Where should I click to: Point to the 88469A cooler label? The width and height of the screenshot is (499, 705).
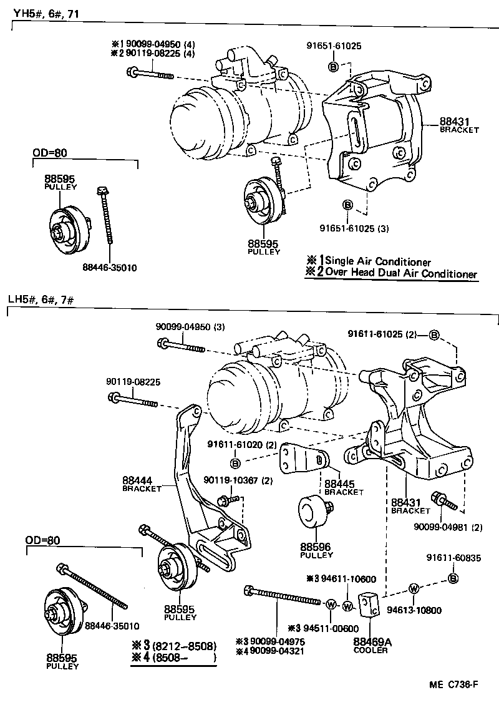pyautogui.click(x=371, y=641)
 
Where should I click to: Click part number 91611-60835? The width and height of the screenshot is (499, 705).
pyautogui.click(x=453, y=558)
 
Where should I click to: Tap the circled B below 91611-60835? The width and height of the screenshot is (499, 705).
pyautogui.click(x=453, y=580)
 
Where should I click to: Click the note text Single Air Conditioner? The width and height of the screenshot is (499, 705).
pyautogui.click(x=378, y=261)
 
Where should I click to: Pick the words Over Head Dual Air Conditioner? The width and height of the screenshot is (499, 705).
pyautogui.click(x=400, y=274)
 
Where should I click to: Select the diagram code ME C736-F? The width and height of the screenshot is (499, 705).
pyautogui.click(x=453, y=684)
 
